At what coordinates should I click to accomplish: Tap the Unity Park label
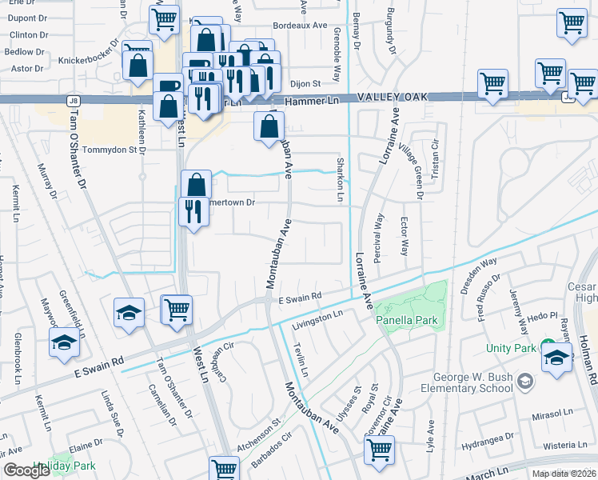pyautogui.click(x=511, y=348)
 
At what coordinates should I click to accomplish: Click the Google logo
pyautogui.click(x=26, y=470)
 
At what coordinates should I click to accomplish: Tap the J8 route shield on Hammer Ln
pyautogui.click(x=74, y=100)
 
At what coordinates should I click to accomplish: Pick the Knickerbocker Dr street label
pyautogui.click(x=89, y=59)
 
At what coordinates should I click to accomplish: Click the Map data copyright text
pyautogui.click(x=563, y=474)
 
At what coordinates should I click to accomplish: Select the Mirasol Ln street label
pyautogui.click(x=554, y=418)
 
